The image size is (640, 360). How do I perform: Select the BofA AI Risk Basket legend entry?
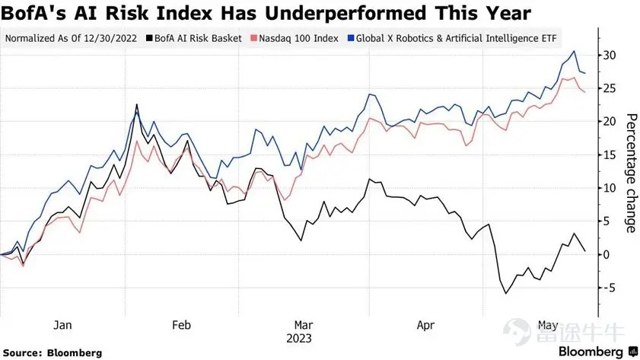(x=196, y=37)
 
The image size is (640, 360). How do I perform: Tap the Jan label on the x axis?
(x=62, y=324)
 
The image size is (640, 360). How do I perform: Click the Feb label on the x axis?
(x=181, y=324)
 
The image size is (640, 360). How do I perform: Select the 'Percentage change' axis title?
(x=631, y=173)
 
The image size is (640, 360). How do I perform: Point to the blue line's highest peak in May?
(x=573, y=52)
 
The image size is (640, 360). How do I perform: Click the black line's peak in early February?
(x=136, y=105)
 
